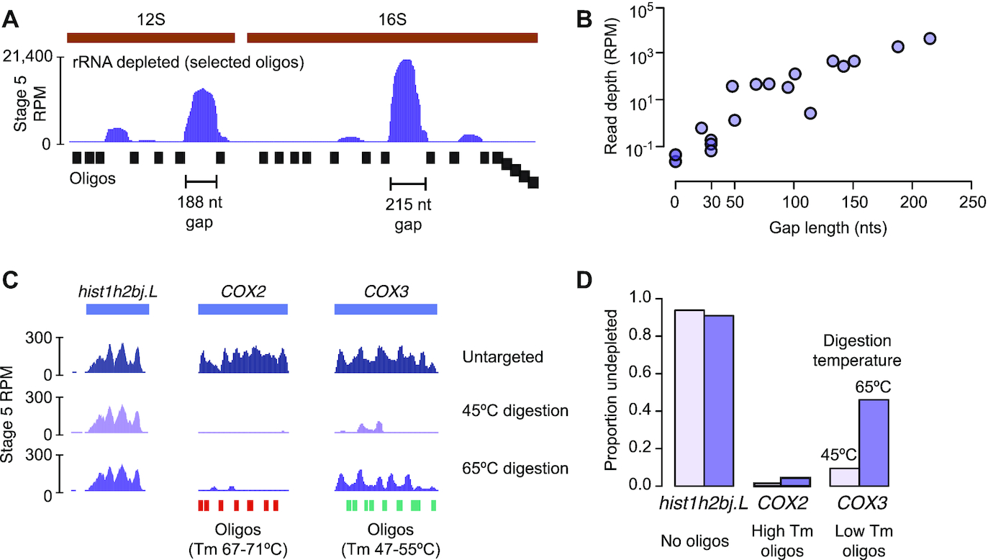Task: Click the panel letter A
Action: pyautogui.click(x=12, y=20)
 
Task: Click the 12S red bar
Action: pyautogui.click(x=150, y=37)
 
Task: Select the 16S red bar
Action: pyautogui.click(x=392, y=37)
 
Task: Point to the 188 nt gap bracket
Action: pyautogui.click(x=201, y=181)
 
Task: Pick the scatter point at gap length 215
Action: pyautogui.click(x=929, y=38)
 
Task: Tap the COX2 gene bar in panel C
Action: pyautogui.click(x=243, y=310)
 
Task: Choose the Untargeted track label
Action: pyautogui.click(x=503, y=357)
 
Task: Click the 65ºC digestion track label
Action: pyautogui.click(x=516, y=469)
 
